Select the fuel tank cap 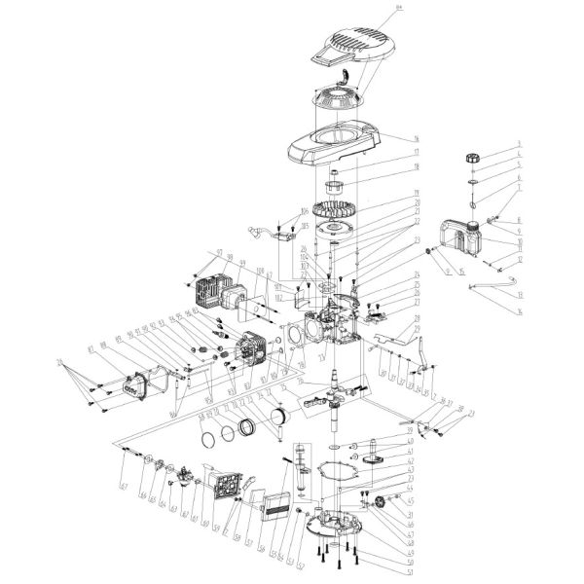pyautogui.click(x=474, y=157)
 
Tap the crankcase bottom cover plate pyautogui.click(x=334, y=522)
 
